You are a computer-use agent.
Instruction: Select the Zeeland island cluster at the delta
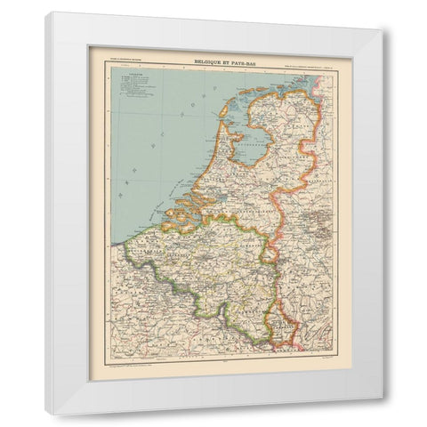(x=173, y=210)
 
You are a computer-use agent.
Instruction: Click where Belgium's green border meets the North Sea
(x=125, y=236)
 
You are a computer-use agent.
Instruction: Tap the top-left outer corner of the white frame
(x=46, y=12)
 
